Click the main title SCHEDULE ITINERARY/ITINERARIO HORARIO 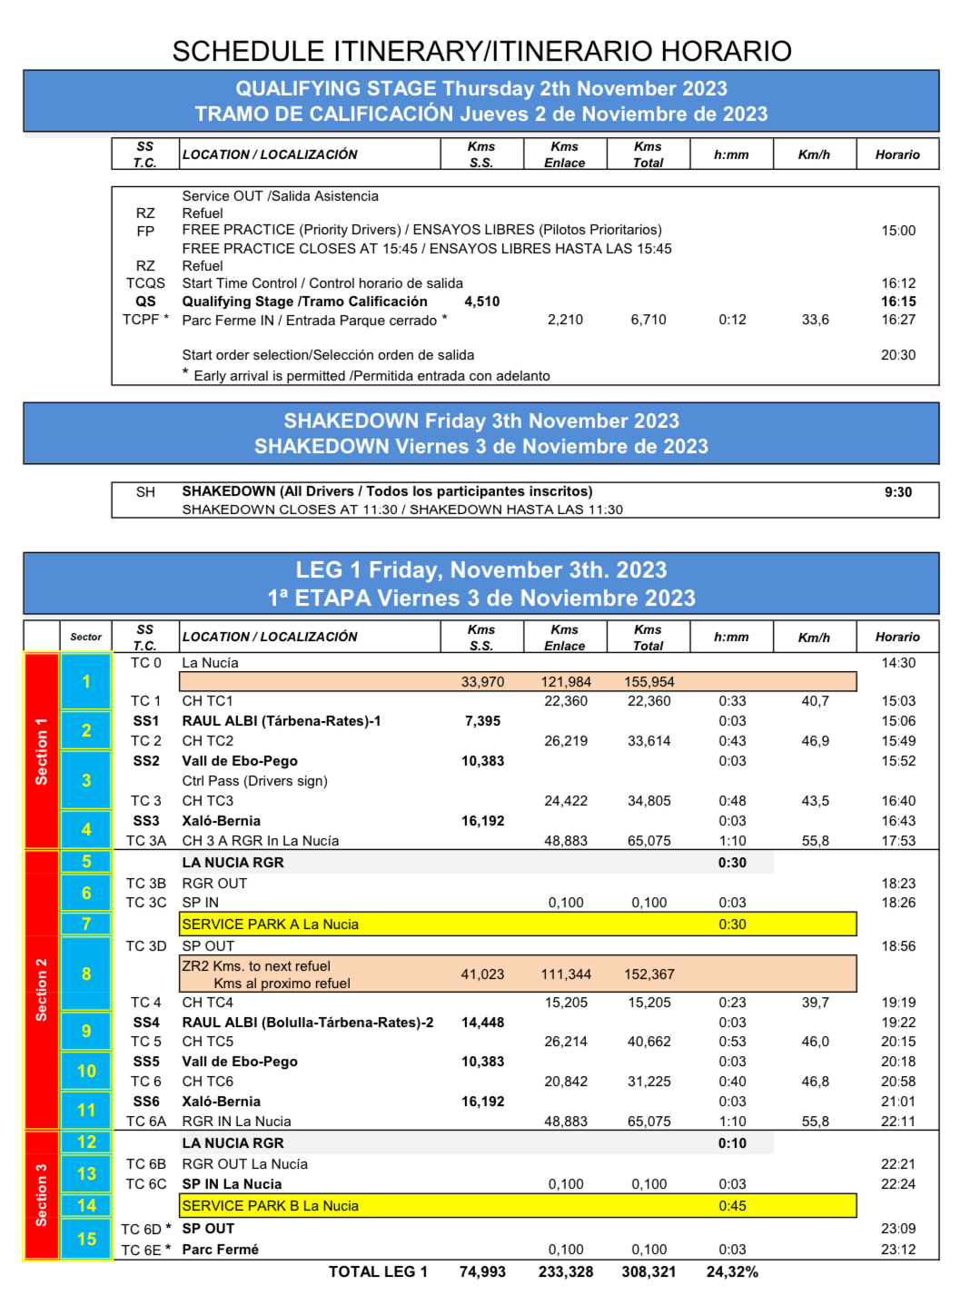click(x=481, y=51)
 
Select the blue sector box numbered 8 click(x=86, y=974)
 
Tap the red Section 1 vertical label click(x=41, y=751)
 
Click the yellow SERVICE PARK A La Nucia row click(x=518, y=924)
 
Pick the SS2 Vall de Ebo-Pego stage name click(x=240, y=761)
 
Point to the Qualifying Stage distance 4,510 click(x=481, y=302)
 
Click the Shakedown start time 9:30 click(x=897, y=492)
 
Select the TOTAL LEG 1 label click(x=378, y=1271)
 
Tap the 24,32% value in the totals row click(x=732, y=1271)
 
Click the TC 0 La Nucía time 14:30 click(x=897, y=663)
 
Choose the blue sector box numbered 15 click(x=86, y=1239)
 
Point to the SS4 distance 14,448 click(x=482, y=1023)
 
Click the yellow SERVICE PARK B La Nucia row click(x=518, y=1206)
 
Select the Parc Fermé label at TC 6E click(x=220, y=1250)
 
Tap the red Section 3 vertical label click(x=41, y=1194)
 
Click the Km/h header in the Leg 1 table click(x=814, y=638)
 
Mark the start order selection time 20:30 click(x=897, y=355)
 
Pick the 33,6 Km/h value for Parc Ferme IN click(x=815, y=320)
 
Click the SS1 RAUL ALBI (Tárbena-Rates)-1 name click(x=282, y=721)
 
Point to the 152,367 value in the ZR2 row click(x=649, y=974)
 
